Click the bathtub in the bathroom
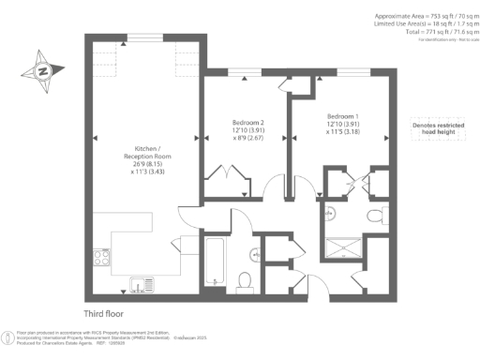pyautogui.click(x=212, y=261)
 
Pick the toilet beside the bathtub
pyautogui.click(x=244, y=280)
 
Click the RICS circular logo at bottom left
pyautogui.click(x=9, y=336)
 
